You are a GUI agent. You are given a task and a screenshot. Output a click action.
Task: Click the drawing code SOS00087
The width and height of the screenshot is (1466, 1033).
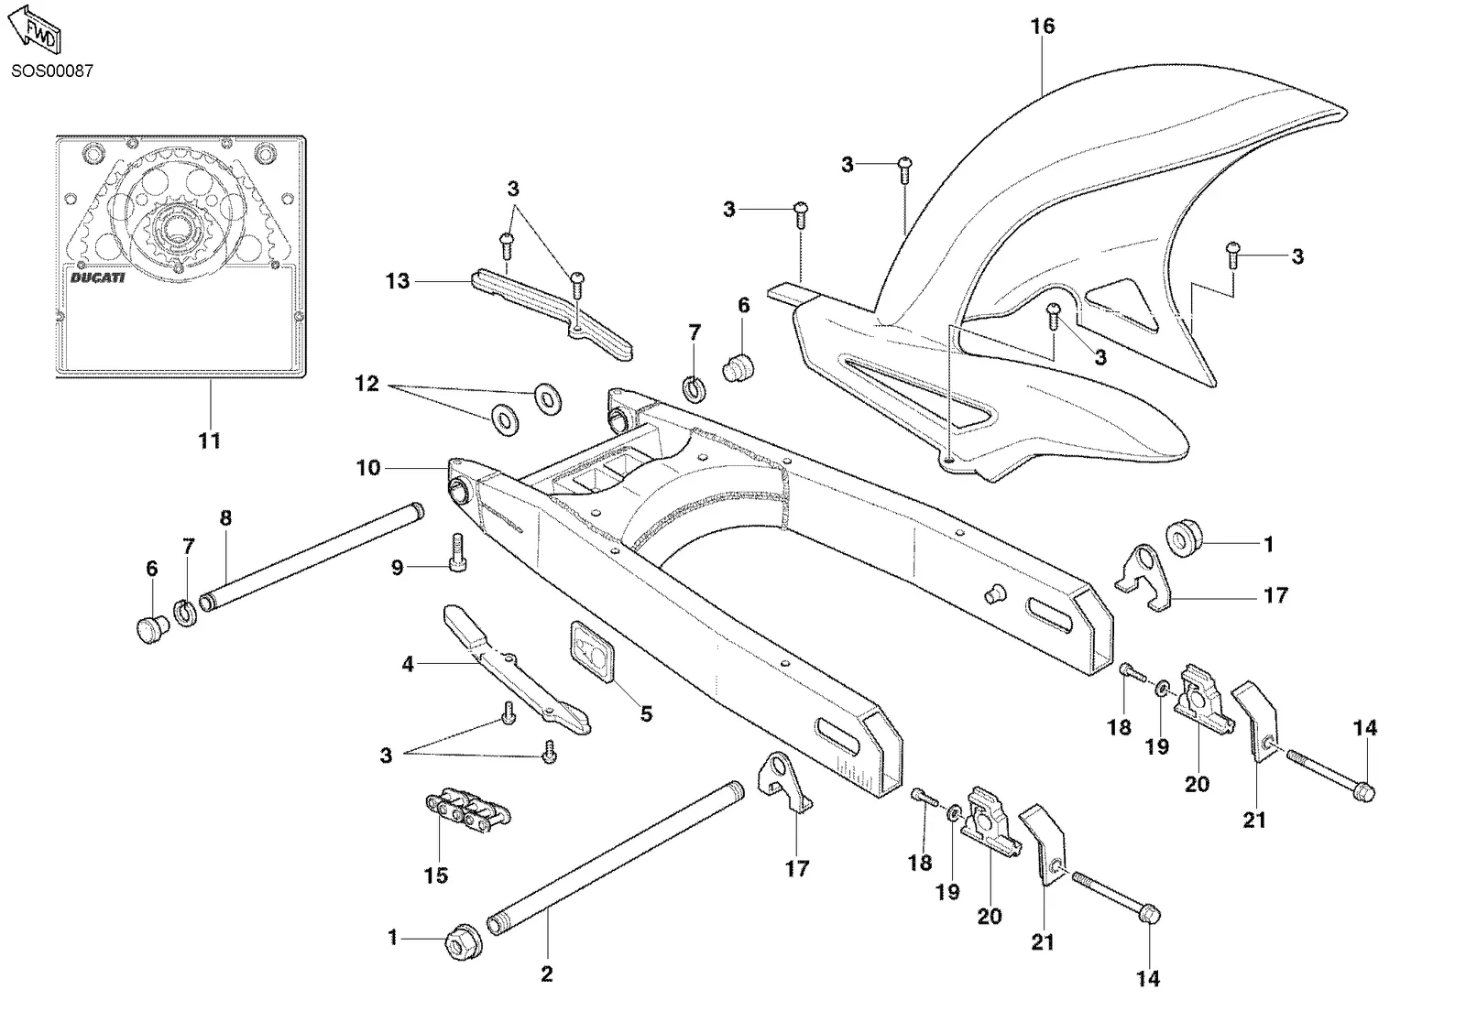(52, 71)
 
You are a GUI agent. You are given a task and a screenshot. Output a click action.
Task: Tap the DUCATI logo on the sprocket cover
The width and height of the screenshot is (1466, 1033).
(97, 278)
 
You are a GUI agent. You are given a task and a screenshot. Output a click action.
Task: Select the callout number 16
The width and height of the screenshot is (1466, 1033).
(1043, 27)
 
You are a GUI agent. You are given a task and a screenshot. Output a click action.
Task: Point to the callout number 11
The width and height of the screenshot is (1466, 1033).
(210, 440)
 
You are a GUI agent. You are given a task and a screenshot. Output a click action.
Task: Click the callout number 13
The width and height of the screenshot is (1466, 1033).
(398, 281)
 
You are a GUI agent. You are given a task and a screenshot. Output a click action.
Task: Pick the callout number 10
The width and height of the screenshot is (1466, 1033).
(367, 468)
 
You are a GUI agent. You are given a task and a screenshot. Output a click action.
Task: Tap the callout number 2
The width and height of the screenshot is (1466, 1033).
(547, 974)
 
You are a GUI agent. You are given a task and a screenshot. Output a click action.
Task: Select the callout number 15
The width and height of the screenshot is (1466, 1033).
(436, 875)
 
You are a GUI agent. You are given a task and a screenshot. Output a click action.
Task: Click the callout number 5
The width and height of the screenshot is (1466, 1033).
(647, 713)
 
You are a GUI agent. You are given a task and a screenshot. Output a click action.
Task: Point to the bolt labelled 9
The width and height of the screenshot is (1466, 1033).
(457, 553)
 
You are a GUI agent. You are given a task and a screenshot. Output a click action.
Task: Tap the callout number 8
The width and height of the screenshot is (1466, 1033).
(225, 518)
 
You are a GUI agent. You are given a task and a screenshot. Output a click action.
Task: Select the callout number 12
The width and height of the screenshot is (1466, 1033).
(366, 384)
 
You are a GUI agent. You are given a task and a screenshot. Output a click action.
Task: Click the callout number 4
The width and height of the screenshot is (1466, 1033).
(408, 665)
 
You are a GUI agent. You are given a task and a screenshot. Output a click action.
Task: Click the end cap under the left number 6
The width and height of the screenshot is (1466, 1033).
(152, 628)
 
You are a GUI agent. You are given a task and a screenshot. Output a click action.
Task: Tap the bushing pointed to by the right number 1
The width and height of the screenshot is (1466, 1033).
(1185, 538)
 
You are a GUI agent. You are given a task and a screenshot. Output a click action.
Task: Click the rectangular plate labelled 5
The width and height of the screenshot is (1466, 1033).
(593, 652)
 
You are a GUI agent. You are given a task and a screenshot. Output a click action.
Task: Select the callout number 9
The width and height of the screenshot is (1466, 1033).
(398, 568)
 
